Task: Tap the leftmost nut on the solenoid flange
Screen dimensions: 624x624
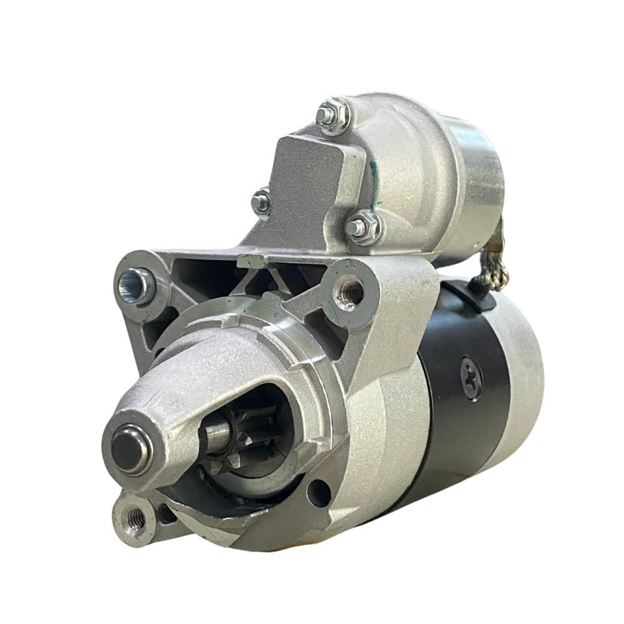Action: pyautogui.click(x=262, y=201)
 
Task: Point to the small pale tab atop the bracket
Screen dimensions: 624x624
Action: pyautogui.click(x=250, y=261)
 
